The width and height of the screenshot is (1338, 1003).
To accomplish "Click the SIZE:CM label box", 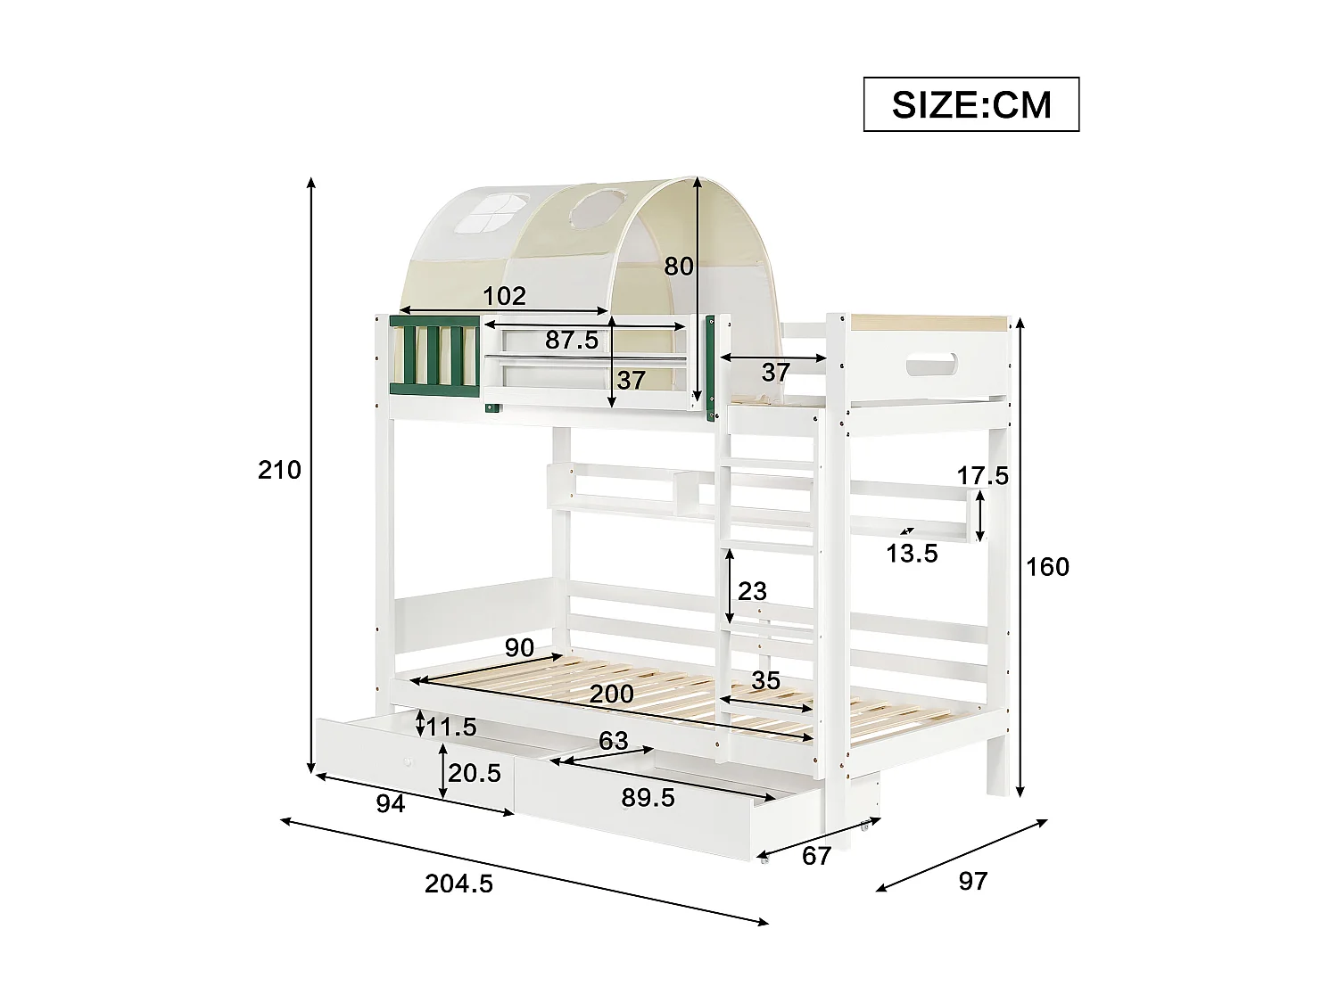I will pyautogui.click(x=971, y=105).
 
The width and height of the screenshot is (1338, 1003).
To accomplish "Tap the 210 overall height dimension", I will pyautogui.click(x=279, y=470).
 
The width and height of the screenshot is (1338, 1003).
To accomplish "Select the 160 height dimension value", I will pyautogui.click(x=1047, y=567).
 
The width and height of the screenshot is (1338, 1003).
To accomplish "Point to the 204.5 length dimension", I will pyautogui.click(x=458, y=884).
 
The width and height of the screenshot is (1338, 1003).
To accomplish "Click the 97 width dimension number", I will pyautogui.click(x=972, y=881).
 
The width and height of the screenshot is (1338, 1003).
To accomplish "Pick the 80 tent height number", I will pyautogui.click(x=679, y=266).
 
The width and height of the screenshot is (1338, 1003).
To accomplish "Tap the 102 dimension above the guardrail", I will pyautogui.click(x=505, y=295).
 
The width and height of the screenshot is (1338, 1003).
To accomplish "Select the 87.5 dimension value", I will pyautogui.click(x=572, y=340).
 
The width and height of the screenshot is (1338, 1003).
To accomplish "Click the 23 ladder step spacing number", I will pyautogui.click(x=752, y=590).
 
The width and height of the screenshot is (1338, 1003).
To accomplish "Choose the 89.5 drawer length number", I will pyautogui.click(x=648, y=798).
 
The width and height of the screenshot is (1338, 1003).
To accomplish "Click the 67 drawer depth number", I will pyautogui.click(x=816, y=856).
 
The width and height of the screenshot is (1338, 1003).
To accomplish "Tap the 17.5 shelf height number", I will pyautogui.click(x=983, y=476).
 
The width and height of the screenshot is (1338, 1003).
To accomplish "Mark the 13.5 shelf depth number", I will pyautogui.click(x=912, y=554).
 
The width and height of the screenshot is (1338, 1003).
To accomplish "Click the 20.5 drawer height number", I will pyautogui.click(x=475, y=773).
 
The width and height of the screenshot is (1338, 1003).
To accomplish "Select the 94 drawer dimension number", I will pyautogui.click(x=390, y=804).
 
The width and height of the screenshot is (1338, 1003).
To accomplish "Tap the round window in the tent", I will pyautogui.click(x=592, y=211).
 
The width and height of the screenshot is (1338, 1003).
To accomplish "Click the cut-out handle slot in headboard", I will pyautogui.click(x=931, y=366).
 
